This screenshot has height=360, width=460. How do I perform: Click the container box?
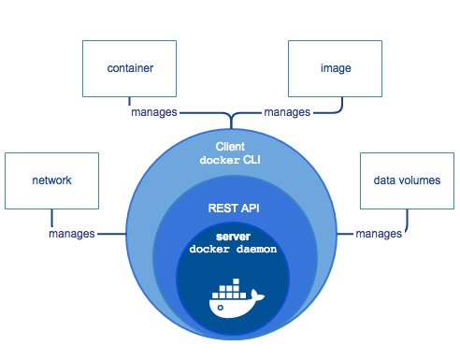click(x=130, y=68)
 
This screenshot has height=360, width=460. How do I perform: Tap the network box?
click(x=50, y=180)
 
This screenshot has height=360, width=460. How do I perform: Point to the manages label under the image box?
click(x=288, y=111)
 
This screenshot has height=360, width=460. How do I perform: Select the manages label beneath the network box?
click(x=72, y=233)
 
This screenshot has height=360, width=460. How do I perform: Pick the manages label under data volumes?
click(x=379, y=233)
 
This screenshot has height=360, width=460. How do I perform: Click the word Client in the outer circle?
click(x=230, y=146)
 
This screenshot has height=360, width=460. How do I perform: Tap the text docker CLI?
click(x=230, y=160)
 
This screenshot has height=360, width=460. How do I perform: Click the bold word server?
click(x=230, y=238)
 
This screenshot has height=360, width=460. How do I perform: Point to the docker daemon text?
click(x=230, y=250)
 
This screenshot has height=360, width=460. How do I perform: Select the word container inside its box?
click(x=130, y=68)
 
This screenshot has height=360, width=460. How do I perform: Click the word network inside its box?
click(x=50, y=180)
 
